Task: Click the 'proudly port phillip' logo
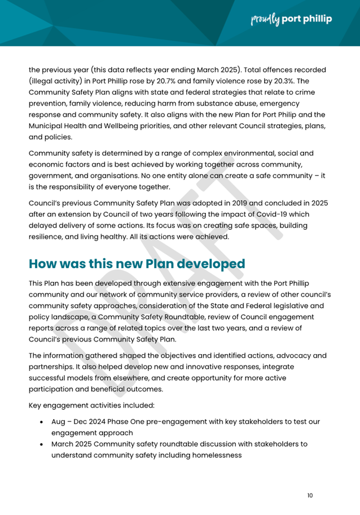click(290, 20)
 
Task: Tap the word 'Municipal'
click(49, 125)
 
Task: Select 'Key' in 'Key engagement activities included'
click(36, 405)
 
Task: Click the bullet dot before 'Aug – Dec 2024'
click(43, 422)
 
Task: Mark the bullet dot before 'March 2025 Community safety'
click(43, 444)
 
